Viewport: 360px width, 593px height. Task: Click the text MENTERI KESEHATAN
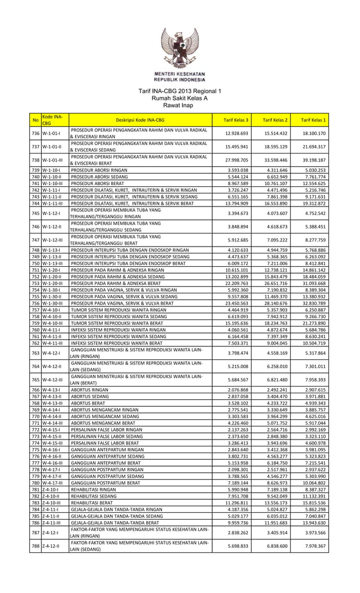click(180, 74)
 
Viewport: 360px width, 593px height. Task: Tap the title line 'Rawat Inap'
click(180, 105)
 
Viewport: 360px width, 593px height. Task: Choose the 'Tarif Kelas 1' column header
click(313, 120)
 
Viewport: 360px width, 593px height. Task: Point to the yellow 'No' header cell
click(36, 120)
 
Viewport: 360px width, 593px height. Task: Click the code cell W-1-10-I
click(55, 170)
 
